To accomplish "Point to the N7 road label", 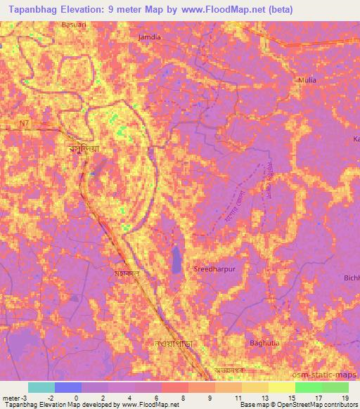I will pyautogui.click(x=26, y=124).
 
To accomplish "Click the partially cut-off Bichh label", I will pyautogui.click(x=352, y=279).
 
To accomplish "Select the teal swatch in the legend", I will pyautogui.click(x=41, y=387).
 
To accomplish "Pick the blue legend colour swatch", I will pyautogui.click(x=67, y=387).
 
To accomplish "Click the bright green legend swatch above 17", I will pyautogui.click(x=308, y=387).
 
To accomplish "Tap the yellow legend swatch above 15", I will pyautogui.click(x=281, y=387).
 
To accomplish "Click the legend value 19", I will pyautogui.click(x=345, y=398).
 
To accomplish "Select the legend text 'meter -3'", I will pyautogui.click(x=15, y=398).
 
